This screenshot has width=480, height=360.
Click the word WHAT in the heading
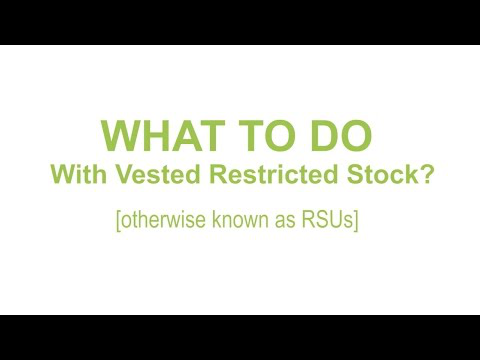point(163,135)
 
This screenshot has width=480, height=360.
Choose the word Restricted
point(274,174)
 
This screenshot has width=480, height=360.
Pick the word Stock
point(382,174)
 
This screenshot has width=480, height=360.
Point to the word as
point(285,222)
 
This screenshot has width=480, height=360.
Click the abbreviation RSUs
point(327,220)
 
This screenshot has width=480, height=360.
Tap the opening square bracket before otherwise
point(118,221)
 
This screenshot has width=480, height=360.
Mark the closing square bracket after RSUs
point(356,221)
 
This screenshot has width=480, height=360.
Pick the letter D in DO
point(324,135)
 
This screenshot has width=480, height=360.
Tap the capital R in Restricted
point(218,174)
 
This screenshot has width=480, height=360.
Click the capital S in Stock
point(355,174)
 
